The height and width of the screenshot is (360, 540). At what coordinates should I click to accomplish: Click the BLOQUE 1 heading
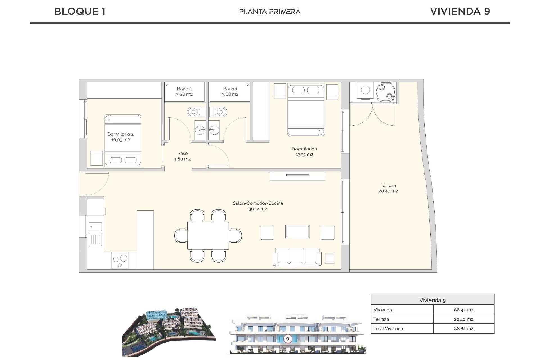coord(80,11)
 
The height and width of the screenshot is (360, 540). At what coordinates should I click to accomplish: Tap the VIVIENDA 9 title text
coord(460,11)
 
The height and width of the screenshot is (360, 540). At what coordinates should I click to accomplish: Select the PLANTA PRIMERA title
coord(270,12)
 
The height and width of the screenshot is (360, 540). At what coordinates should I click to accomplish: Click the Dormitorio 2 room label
coord(120,137)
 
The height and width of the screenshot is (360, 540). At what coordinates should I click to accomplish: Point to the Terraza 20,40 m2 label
coord(388,188)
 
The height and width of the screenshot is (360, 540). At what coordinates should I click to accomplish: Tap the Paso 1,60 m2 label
coord(183,156)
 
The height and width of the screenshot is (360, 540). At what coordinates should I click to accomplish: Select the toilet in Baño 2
coord(194,112)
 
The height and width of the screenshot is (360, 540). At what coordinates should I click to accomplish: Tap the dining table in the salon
coord(208,235)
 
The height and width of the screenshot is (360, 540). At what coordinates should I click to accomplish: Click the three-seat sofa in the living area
coord(297,257)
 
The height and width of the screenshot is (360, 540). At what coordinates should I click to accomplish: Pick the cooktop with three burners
coord(120,260)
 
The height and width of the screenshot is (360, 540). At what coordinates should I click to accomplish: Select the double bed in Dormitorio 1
coord(306,110)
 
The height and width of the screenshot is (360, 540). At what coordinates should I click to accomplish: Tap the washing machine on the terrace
coord(365,90)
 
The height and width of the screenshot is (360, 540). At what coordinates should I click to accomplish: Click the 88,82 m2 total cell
coord(463,328)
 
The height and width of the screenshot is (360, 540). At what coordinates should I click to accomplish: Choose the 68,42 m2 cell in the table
coord(463,310)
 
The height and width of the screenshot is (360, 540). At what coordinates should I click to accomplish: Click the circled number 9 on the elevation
coord(287,339)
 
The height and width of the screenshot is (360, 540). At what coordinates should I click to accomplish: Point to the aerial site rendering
coord(169,332)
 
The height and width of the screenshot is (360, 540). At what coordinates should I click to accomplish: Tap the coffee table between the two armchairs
coord(297,232)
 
